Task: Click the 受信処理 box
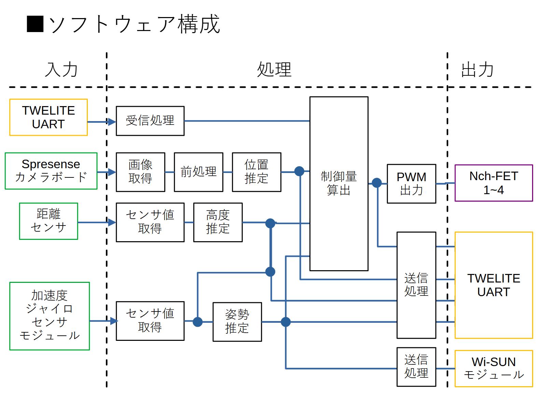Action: (x=150, y=121)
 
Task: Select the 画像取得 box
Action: (x=140, y=172)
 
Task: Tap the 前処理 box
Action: (x=198, y=172)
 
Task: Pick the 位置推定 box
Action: (x=256, y=172)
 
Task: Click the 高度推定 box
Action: (x=218, y=222)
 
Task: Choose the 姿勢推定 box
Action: (x=237, y=322)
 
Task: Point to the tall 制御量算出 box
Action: (x=339, y=184)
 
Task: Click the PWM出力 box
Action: (x=411, y=184)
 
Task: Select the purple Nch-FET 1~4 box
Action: (x=494, y=183)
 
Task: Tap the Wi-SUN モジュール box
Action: (x=494, y=368)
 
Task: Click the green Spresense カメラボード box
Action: (x=51, y=171)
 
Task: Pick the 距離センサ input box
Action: (x=48, y=221)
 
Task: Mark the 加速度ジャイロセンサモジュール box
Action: (x=50, y=316)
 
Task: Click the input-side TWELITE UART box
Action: (x=48, y=117)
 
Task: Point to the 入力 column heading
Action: (x=61, y=70)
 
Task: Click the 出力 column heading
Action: (x=477, y=70)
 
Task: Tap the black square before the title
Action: (x=35, y=24)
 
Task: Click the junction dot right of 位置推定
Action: (x=299, y=171)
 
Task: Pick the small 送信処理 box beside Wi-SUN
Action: (x=416, y=367)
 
